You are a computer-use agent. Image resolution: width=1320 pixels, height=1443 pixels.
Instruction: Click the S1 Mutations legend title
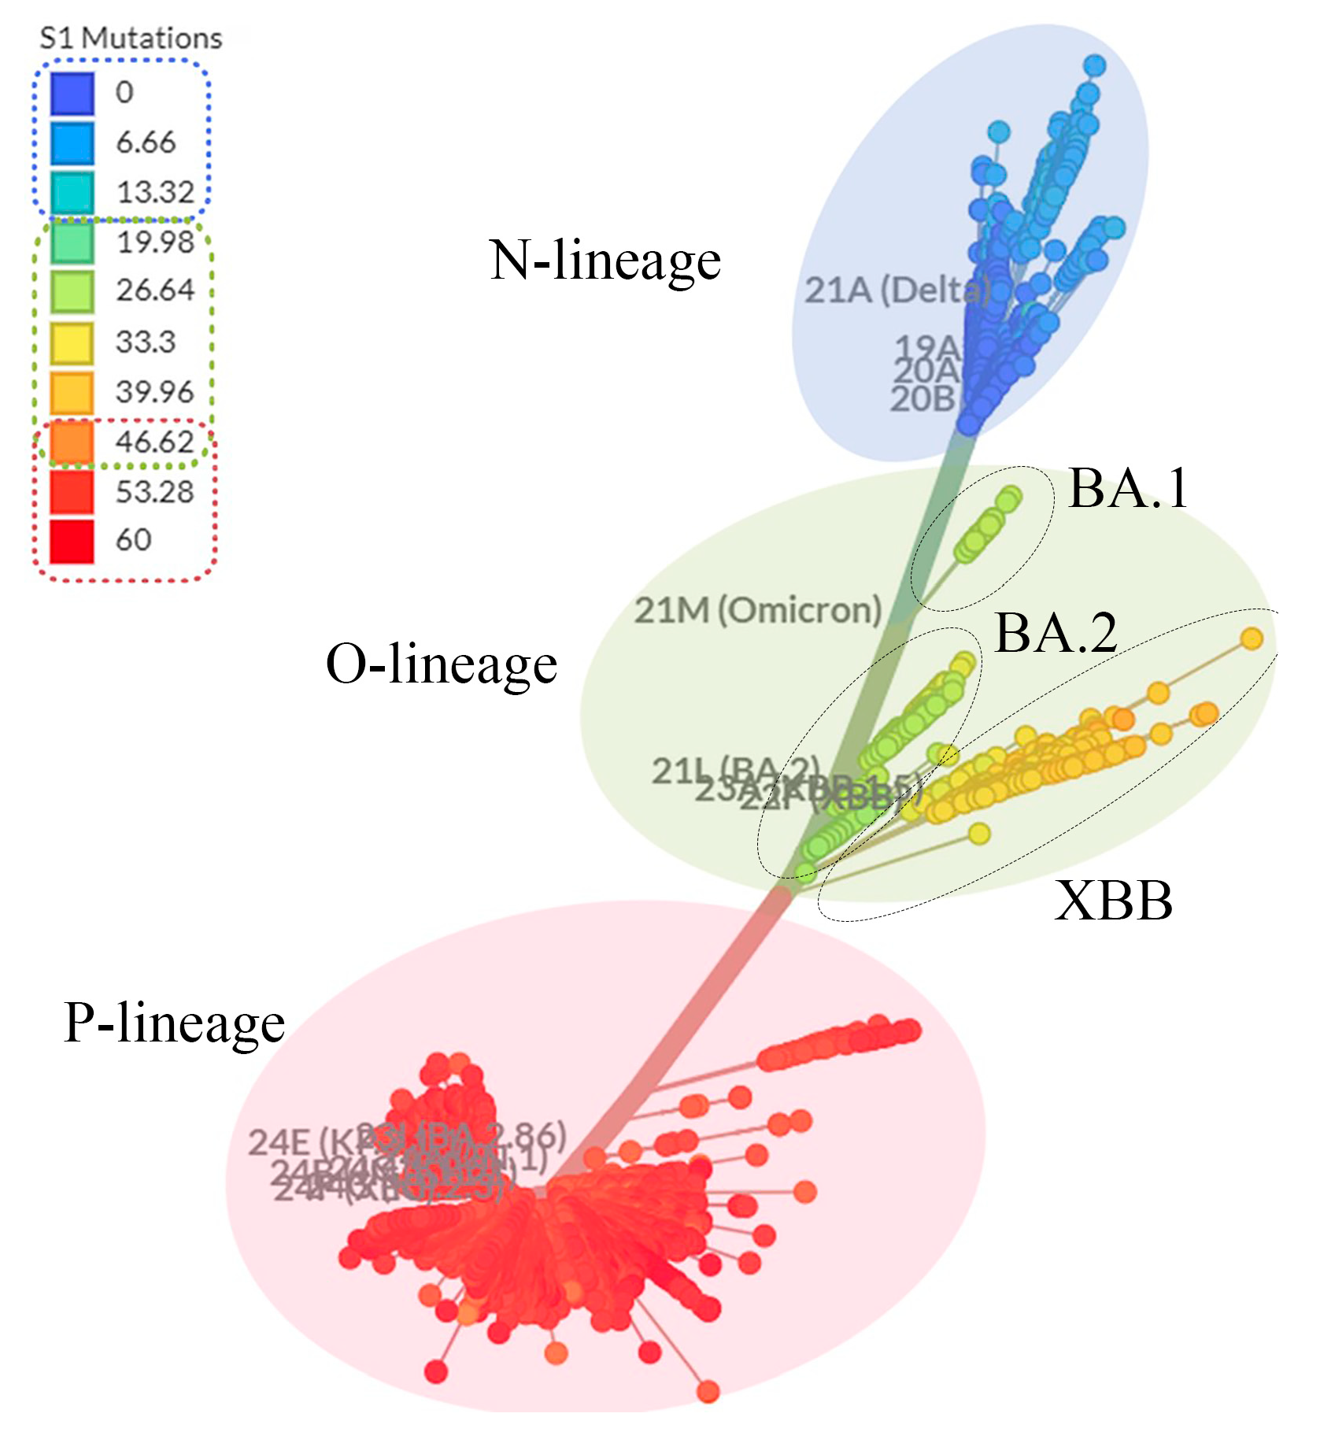131,38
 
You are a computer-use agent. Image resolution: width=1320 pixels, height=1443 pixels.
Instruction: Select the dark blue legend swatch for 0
72,93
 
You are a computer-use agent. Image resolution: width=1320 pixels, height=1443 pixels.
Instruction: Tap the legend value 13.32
155,192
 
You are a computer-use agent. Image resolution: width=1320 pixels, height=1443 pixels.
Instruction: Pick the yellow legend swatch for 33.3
72,342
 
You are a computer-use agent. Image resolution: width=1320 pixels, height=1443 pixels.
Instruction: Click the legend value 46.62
154,442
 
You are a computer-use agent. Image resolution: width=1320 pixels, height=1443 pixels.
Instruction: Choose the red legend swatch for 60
72,541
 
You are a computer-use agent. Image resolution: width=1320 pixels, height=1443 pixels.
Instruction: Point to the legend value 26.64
155,290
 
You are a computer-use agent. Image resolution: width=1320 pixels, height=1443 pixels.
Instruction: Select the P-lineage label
174,1023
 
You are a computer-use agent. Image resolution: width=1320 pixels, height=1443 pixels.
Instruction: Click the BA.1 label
1128,488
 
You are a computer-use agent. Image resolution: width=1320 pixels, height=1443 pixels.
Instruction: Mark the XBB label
1114,900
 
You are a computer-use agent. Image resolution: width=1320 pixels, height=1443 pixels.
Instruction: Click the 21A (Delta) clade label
896,290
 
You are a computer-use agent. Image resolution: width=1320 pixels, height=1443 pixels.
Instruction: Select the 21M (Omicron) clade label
757,610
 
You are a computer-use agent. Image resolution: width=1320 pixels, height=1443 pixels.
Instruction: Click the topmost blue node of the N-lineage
1094,65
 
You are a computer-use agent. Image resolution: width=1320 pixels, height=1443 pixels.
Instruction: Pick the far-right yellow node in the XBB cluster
1252,638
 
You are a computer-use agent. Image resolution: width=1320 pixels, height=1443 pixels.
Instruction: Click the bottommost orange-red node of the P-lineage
708,1391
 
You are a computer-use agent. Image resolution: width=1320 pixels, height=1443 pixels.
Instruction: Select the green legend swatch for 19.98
72,242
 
